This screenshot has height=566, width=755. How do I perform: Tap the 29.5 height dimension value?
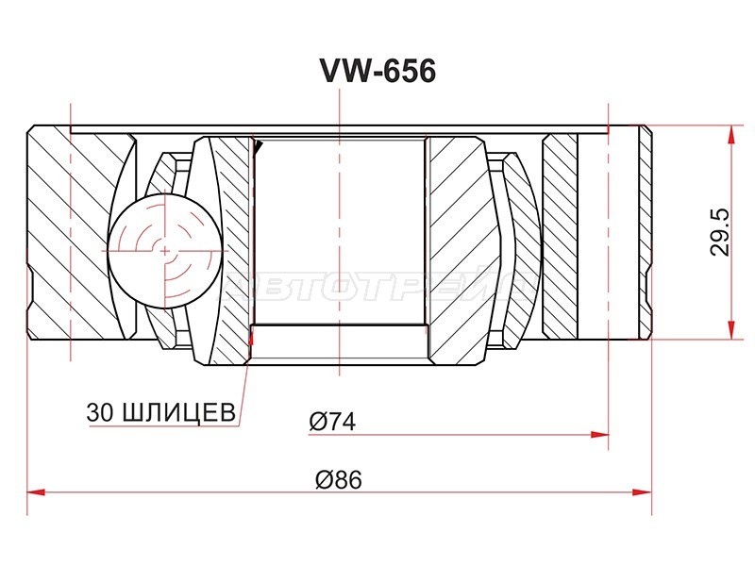tap(721, 233)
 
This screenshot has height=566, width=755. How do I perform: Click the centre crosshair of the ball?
tap(165, 251)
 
